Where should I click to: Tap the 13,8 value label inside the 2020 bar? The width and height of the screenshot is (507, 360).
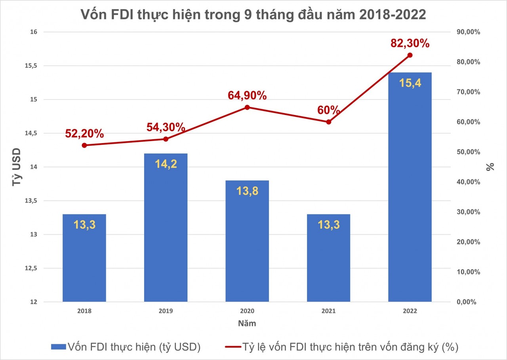247,190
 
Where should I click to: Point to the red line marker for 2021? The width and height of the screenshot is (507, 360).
329,122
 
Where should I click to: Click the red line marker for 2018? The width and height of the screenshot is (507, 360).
84,146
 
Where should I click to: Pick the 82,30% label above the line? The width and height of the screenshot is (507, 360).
410,43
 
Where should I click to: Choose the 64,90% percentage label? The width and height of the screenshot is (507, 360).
247,96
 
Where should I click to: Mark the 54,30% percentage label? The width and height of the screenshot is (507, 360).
166,127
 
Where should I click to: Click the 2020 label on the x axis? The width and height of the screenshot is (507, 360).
247,312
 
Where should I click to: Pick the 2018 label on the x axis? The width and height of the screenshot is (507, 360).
84,312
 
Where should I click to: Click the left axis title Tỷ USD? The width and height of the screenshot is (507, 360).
16,167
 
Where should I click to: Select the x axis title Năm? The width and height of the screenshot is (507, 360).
247,324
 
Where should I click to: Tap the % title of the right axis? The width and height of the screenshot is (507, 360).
491,167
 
